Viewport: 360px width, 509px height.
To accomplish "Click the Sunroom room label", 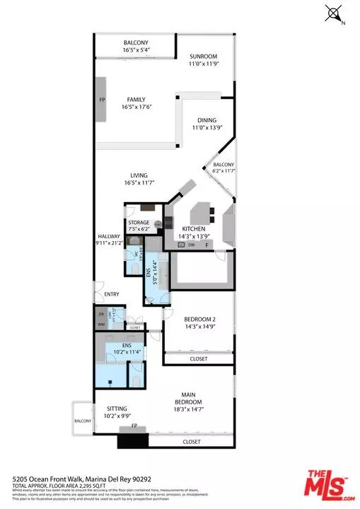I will point(202,59).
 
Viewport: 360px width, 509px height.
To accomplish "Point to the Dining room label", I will point(207,124).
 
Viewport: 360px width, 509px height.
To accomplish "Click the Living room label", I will point(142,178).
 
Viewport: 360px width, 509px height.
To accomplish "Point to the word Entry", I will point(112,294).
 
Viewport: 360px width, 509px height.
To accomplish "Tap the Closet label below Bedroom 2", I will point(199,358).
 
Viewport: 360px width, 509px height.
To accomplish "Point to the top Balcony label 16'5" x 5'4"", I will point(135,45).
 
